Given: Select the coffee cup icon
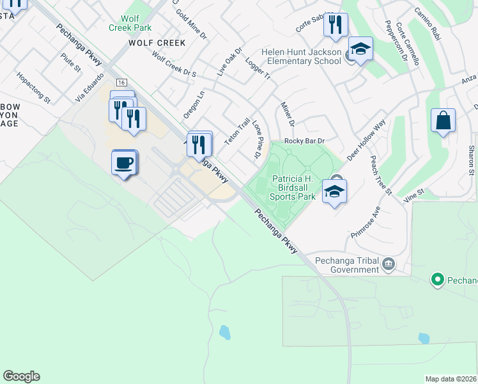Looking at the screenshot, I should click(x=125, y=162).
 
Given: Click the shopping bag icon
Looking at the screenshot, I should click(x=443, y=121).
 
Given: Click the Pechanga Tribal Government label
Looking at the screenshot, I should click(x=345, y=266).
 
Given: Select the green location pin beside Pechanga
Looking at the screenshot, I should click(x=438, y=280).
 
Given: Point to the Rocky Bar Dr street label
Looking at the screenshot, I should click(x=305, y=141).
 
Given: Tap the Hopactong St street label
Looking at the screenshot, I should click(x=33, y=87).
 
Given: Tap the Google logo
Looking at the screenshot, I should click(x=21, y=376).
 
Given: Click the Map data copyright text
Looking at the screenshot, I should click(x=451, y=379).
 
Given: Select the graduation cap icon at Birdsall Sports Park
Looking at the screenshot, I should click(x=334, y=191).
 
